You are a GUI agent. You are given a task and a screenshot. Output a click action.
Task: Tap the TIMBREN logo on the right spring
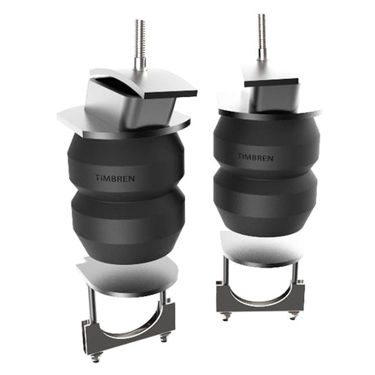coord(255,155)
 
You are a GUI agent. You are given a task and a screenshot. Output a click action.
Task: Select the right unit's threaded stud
coord(262,37)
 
